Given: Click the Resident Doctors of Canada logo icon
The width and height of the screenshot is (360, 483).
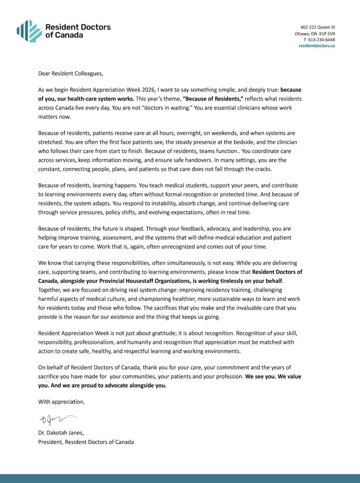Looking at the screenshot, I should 29,31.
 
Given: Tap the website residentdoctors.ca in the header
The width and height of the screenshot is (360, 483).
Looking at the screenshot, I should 317,46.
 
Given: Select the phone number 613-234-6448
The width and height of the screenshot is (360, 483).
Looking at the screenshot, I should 321,40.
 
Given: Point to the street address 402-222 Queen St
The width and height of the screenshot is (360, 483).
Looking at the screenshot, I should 318,27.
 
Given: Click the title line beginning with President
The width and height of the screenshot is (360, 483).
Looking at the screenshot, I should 86,442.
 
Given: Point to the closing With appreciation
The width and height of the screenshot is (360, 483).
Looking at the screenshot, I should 61,402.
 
